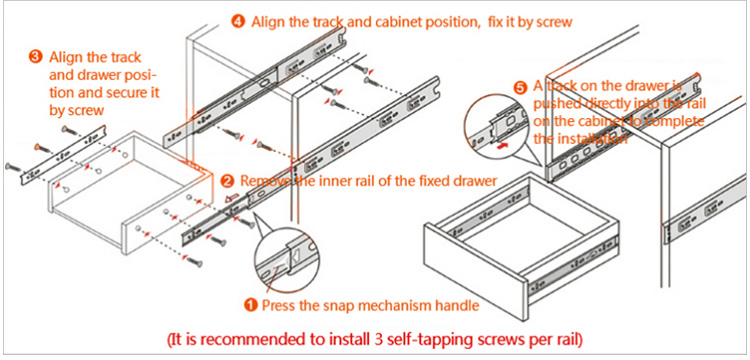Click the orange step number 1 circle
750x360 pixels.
pos(251,305)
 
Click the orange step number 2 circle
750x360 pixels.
pos(228,181)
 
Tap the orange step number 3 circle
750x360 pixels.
pos(36,57)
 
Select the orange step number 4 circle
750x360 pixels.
pos(238,22)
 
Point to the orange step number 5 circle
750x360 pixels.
pos(520,87)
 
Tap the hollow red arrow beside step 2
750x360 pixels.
pos(232,197)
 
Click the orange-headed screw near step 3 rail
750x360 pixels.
pos(42,148)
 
